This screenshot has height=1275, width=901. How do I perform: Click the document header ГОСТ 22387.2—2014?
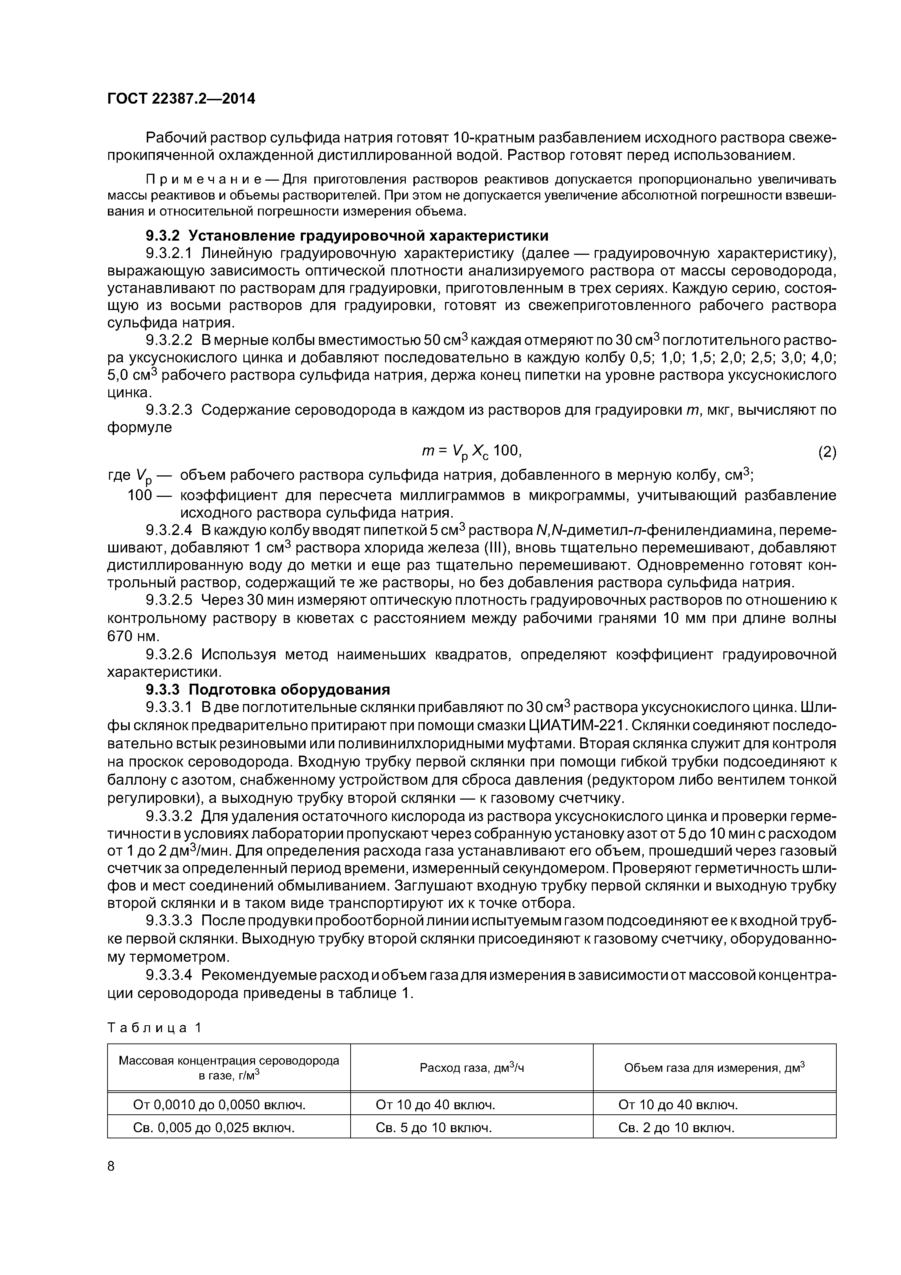[x=181, y=99]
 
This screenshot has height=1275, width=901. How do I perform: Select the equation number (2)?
[x=827, y=453]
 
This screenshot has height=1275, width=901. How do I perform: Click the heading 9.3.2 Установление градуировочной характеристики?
[x=346, y=236]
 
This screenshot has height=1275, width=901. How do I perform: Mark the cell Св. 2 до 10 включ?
[x=676, y=1128]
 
